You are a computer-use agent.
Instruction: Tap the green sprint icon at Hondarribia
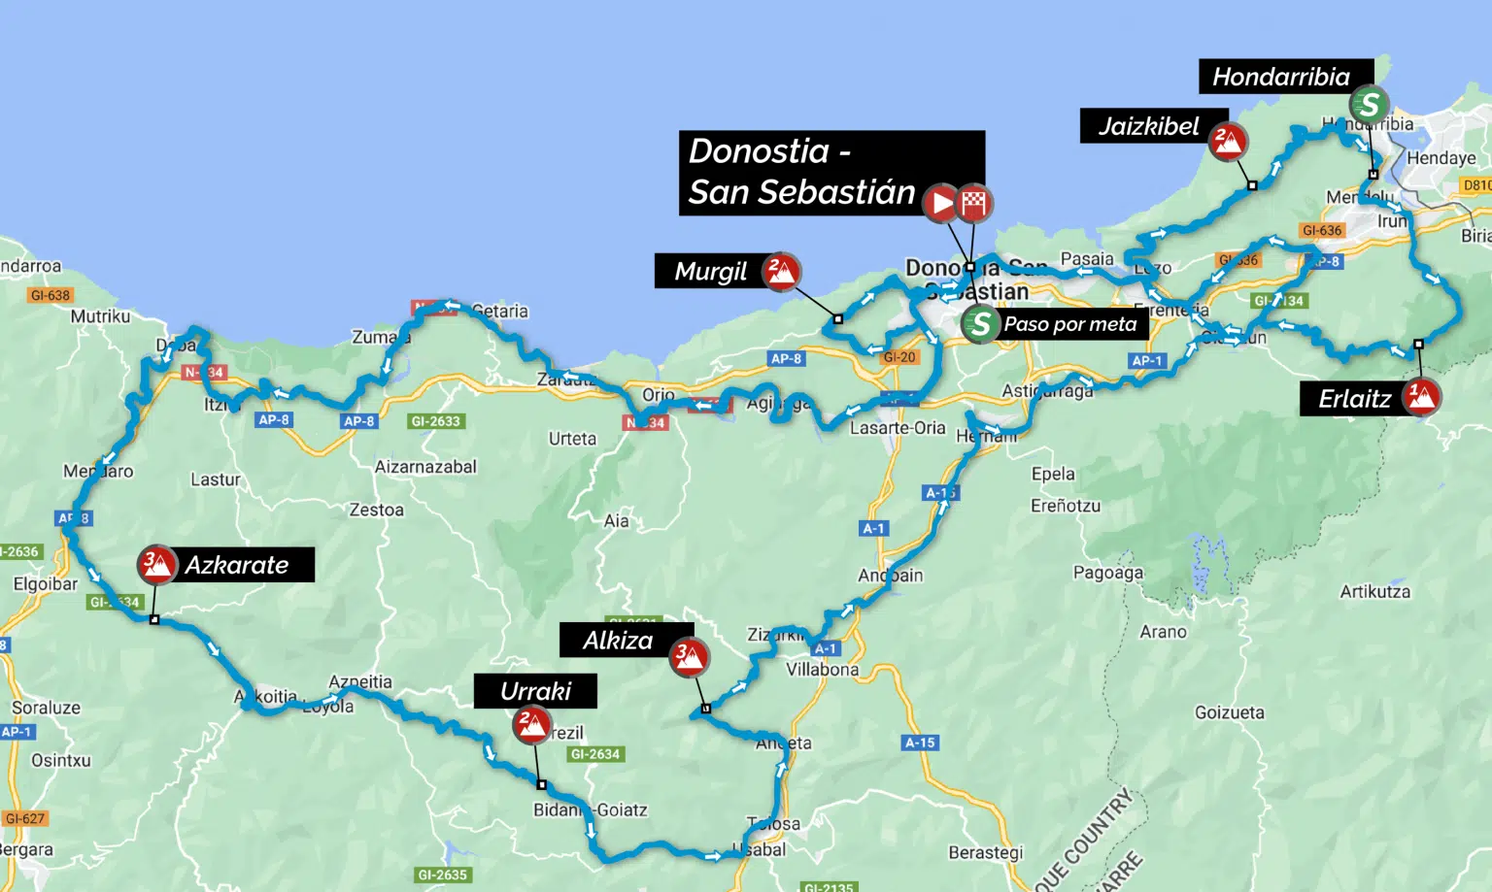[x=1369, y=104]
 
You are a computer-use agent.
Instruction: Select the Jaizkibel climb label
[x=1148, y=126]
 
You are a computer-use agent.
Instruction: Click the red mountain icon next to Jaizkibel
[x=1228, y=142]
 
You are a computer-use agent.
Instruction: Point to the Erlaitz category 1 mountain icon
[x=1421, y=396]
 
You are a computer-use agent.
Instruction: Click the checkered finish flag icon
[x=973, y=203]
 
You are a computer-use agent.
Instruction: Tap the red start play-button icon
[x=940, y=203]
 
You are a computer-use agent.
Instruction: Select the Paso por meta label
[x=1071, y=324]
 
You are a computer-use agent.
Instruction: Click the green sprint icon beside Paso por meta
[x=980, y=323]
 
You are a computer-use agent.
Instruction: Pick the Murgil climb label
[x=711, y=272]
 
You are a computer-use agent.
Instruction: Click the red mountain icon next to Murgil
[x=781, y=272]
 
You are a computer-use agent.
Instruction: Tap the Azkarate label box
[x=238, y=565]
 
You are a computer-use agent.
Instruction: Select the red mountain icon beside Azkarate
[x=156, y=564]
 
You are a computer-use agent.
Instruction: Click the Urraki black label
[x=535, y=691]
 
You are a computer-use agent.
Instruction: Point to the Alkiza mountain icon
[x=689, y=658]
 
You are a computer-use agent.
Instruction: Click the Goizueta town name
[x=1229, y=712]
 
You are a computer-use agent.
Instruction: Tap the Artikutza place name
[x=1374, y=591]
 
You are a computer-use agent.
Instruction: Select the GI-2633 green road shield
[x=436, y=421]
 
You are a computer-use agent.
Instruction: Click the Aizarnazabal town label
[x=425, y=467]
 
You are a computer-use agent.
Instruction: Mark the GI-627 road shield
[x=25, y=818]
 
